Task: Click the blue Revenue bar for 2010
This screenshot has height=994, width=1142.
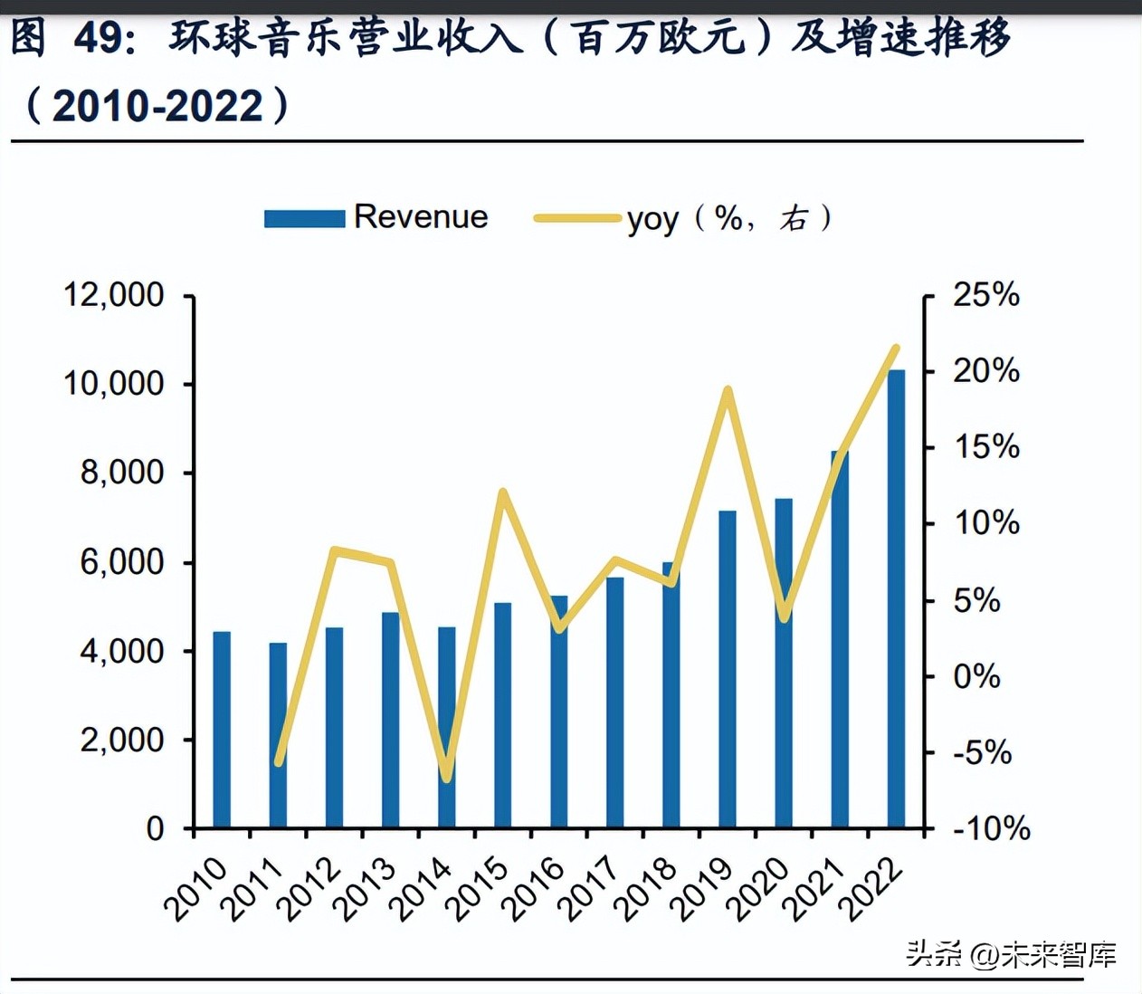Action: click(222, 729)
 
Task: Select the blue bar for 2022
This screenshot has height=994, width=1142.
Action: click(896, 597)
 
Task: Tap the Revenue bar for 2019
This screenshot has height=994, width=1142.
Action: click(728, 669)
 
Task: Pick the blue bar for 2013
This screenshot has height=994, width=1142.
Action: click(390, 720)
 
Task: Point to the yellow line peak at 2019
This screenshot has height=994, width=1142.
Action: click(727, 390)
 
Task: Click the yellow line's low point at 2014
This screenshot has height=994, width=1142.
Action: click(446, 777)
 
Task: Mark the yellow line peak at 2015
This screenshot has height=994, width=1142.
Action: click(503, 492)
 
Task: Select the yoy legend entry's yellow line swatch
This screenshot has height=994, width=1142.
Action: click(577, 218)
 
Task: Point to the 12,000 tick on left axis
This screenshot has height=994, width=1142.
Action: click(114, 295)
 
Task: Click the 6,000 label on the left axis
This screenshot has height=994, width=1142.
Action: click(122, 562)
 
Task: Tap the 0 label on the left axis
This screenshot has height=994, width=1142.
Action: click(156, 828)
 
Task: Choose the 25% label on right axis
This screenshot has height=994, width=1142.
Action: click(985, 295)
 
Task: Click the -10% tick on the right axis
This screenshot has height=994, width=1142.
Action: click(990, 828)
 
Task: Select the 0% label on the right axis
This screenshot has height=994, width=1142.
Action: click(975, 676)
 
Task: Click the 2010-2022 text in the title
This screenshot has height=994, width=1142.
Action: click(157, 106)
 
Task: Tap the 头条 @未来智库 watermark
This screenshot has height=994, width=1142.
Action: click(1011, 954)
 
